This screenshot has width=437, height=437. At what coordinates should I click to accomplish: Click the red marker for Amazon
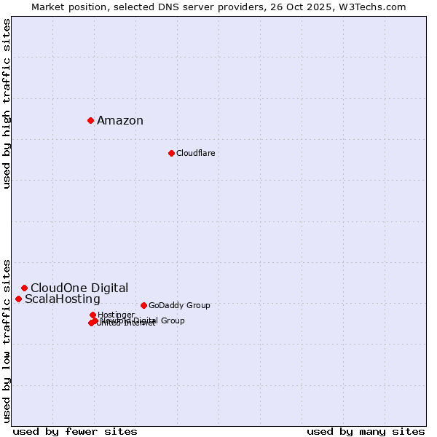point(90,120)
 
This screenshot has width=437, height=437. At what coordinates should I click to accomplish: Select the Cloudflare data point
point(171,153)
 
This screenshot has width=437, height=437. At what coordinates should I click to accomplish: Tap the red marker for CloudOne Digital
point(24,288)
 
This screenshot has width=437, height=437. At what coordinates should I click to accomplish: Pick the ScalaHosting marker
point(18,299)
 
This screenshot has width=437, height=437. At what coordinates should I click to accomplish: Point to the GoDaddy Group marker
point(143,305)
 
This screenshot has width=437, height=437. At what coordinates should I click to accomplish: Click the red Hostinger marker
point(92,315)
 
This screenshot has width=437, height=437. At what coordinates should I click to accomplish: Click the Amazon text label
point(120,121)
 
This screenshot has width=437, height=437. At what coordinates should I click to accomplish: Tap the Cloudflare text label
point(195,153)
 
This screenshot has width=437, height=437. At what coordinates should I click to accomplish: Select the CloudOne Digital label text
point(79,288)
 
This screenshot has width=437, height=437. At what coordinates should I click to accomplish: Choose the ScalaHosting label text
point(63,299)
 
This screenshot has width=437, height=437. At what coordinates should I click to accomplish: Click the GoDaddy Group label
point(179,305)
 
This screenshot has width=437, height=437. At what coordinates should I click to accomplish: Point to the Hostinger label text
point(116,315)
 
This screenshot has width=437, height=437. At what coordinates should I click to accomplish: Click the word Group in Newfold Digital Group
point(173,320)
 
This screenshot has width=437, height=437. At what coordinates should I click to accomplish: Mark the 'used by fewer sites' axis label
point(75,431)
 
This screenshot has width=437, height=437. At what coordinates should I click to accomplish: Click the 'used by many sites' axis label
point(366,431)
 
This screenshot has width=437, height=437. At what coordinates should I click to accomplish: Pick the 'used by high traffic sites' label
point(7,103)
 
